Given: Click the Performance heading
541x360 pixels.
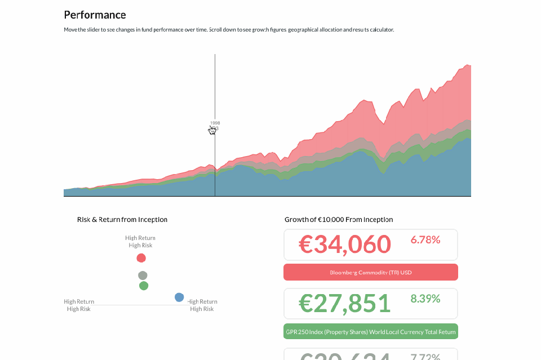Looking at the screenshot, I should [x=95, y=15].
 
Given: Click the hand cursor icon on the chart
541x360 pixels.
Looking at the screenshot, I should [x=212, y=130].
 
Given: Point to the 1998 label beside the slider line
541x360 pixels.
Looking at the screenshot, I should [x=215, y=122].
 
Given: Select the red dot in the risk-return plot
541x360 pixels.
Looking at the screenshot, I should [x=141, y=258].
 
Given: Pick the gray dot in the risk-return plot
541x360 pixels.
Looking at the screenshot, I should [x=143, y=275].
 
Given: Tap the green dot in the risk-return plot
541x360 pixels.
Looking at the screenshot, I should [x=144, y=286].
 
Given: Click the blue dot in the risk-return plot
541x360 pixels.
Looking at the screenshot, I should [x=179, y=297].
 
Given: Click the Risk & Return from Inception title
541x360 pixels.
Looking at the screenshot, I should [x=122, y=220].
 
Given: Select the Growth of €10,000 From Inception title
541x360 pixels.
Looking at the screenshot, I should [x=339, y=220].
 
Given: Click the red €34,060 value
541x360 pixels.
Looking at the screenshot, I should [x=344, y=245].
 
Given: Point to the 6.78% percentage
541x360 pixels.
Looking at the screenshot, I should [x=425, y=240].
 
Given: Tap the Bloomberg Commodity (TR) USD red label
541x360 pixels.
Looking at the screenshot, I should [x=370, y=273].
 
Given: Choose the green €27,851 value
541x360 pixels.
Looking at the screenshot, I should [x=344, y=303].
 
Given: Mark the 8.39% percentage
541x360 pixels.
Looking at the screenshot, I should [x=425, y=299].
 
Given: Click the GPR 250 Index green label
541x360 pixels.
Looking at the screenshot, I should [x=370, y=332].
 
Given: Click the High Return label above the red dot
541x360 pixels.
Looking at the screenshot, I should [x=140, y=238].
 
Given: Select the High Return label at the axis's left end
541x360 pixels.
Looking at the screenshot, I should [x=79, y=301].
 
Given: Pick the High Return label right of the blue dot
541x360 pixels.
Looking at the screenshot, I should [x=202, y=301].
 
